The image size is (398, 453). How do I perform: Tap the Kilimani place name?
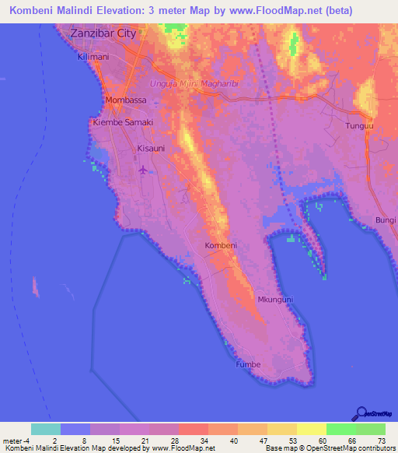pyautogui.click(x=94, y=58)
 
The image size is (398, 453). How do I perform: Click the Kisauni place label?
pyautogui.click(x=152, y=147)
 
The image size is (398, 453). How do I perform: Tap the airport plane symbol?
pyautogui.click(x=142, y=169)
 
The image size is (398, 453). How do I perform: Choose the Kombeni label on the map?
pyautogui.click(x=220, y=245)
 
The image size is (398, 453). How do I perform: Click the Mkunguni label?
pyautogui.click(x=274, y=299)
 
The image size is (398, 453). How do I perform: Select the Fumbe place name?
pyautogui.click(x=249, y=363)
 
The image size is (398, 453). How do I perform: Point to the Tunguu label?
pyautogui.click(x=359, y=125)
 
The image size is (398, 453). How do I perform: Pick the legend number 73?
pyautogui.click(x=382, y=440)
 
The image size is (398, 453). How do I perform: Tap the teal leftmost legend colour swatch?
pyautogui.click(x=46, y=429)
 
